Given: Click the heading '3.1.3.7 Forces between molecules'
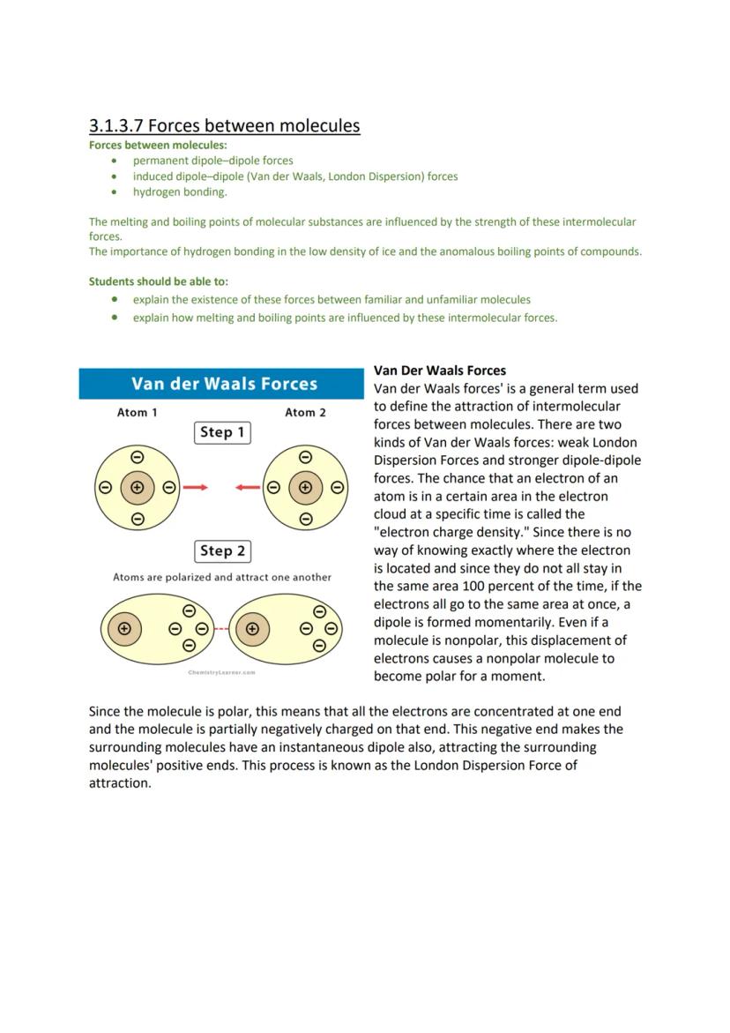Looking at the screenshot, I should tap(224, 125).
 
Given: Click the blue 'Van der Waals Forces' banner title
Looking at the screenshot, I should tap(224, 384).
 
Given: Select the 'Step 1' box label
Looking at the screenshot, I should tap(222, 432).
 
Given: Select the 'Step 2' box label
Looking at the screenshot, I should tap(222, 551).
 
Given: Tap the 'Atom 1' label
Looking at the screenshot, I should tap(138, 413).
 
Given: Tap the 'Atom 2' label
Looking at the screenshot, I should tap(305, 413).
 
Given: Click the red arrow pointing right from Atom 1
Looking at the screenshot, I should tap(195, 487).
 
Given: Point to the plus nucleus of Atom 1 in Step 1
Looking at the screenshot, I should tap(137, 487).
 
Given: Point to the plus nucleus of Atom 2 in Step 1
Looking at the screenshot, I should tap(305, 487).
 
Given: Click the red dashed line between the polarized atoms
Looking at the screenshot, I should tap(221, 629).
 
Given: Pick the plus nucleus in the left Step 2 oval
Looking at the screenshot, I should tap(124, 629).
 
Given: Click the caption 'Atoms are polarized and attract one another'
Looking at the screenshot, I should tap(222, 577).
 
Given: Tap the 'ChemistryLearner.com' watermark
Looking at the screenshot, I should tap(221, 672).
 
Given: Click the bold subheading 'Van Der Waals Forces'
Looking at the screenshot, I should tap(439, 371).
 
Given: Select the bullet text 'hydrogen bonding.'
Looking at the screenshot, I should tap(180, 191).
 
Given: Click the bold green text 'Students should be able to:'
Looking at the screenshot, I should tap(158, 281).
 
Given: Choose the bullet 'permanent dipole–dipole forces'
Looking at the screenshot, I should tap(212, 161).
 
